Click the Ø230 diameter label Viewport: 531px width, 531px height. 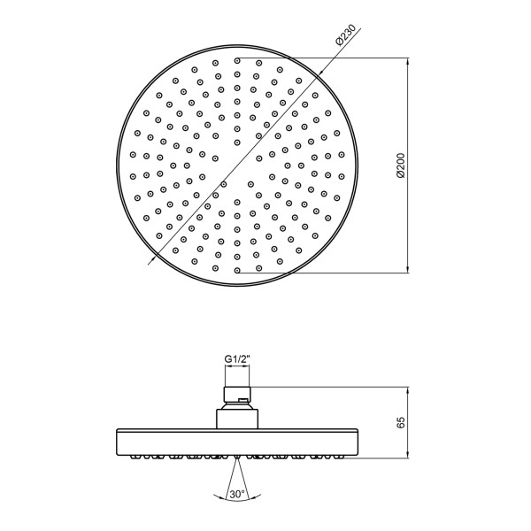point(345,35)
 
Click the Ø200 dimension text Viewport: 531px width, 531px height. point(400,165)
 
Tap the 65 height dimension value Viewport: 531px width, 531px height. point(401,422)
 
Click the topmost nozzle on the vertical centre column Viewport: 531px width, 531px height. point(237,60)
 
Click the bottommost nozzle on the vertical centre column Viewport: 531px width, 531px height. point(237,271)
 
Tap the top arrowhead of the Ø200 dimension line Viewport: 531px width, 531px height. point(408,61)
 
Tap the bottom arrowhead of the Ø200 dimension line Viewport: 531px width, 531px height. point(408,269)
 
